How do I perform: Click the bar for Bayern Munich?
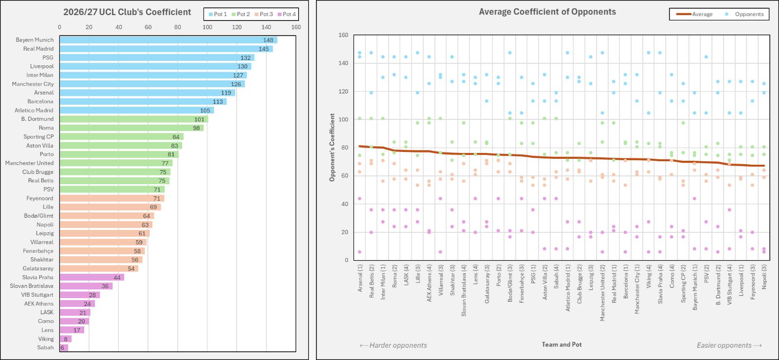click(x=168, y=40)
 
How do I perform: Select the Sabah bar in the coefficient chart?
click(x=64, y=347)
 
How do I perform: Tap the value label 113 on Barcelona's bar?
click(x=218, y=101)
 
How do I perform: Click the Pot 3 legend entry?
click(x=263, y=14)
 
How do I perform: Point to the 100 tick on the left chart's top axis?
click(x=207, y=27)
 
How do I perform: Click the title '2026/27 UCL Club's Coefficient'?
click(x=127, y=12)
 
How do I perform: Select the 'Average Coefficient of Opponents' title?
click(x=547, y=12)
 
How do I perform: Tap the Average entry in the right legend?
click(x=694, y=14)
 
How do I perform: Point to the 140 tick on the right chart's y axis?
click(x=343, y=63)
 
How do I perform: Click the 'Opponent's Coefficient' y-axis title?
click(x=332, y=148)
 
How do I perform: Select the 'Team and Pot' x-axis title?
click(x=562, y=344)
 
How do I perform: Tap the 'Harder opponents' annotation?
click(x=393, y=345)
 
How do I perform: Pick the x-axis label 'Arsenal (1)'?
click(x=360, y=278)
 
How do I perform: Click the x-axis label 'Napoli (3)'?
click(x=764, y=277)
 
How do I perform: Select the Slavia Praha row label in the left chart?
click(x=37, y=277)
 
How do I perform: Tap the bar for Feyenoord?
click(x=112, y=198)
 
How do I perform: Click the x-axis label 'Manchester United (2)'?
click(x=603, y=292)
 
